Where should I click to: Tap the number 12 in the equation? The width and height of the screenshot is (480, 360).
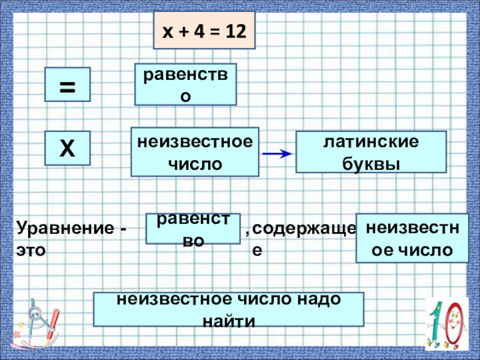click(235, 31)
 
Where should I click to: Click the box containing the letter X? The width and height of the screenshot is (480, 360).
click(67, 148)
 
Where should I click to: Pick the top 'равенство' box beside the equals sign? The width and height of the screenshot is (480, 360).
click(185, 85)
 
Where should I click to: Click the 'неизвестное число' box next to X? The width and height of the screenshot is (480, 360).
click(195, 152)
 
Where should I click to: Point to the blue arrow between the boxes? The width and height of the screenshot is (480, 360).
click(277, 154)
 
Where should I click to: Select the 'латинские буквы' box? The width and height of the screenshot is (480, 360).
click(371, 153)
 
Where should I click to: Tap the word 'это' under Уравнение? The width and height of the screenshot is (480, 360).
click(31, 251)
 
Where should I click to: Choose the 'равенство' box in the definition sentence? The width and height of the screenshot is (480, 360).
click(193, 229)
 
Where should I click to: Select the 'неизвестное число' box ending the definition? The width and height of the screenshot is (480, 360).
click(412, 238)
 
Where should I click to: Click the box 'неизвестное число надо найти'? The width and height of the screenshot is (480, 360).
click(229, 309)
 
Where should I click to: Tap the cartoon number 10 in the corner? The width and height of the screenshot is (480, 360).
click(446, 325)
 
